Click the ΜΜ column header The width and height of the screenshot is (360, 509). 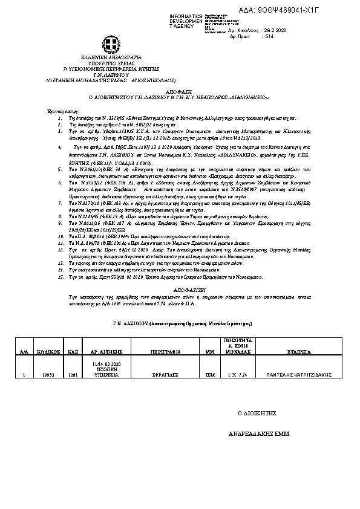211,351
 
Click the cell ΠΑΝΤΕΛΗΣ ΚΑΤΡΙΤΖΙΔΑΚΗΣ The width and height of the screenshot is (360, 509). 299,375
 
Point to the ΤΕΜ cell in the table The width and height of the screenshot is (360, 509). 211,375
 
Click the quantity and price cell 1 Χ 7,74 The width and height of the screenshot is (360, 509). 240,375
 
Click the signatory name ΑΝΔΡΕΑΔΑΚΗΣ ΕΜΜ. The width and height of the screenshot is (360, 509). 263,435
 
